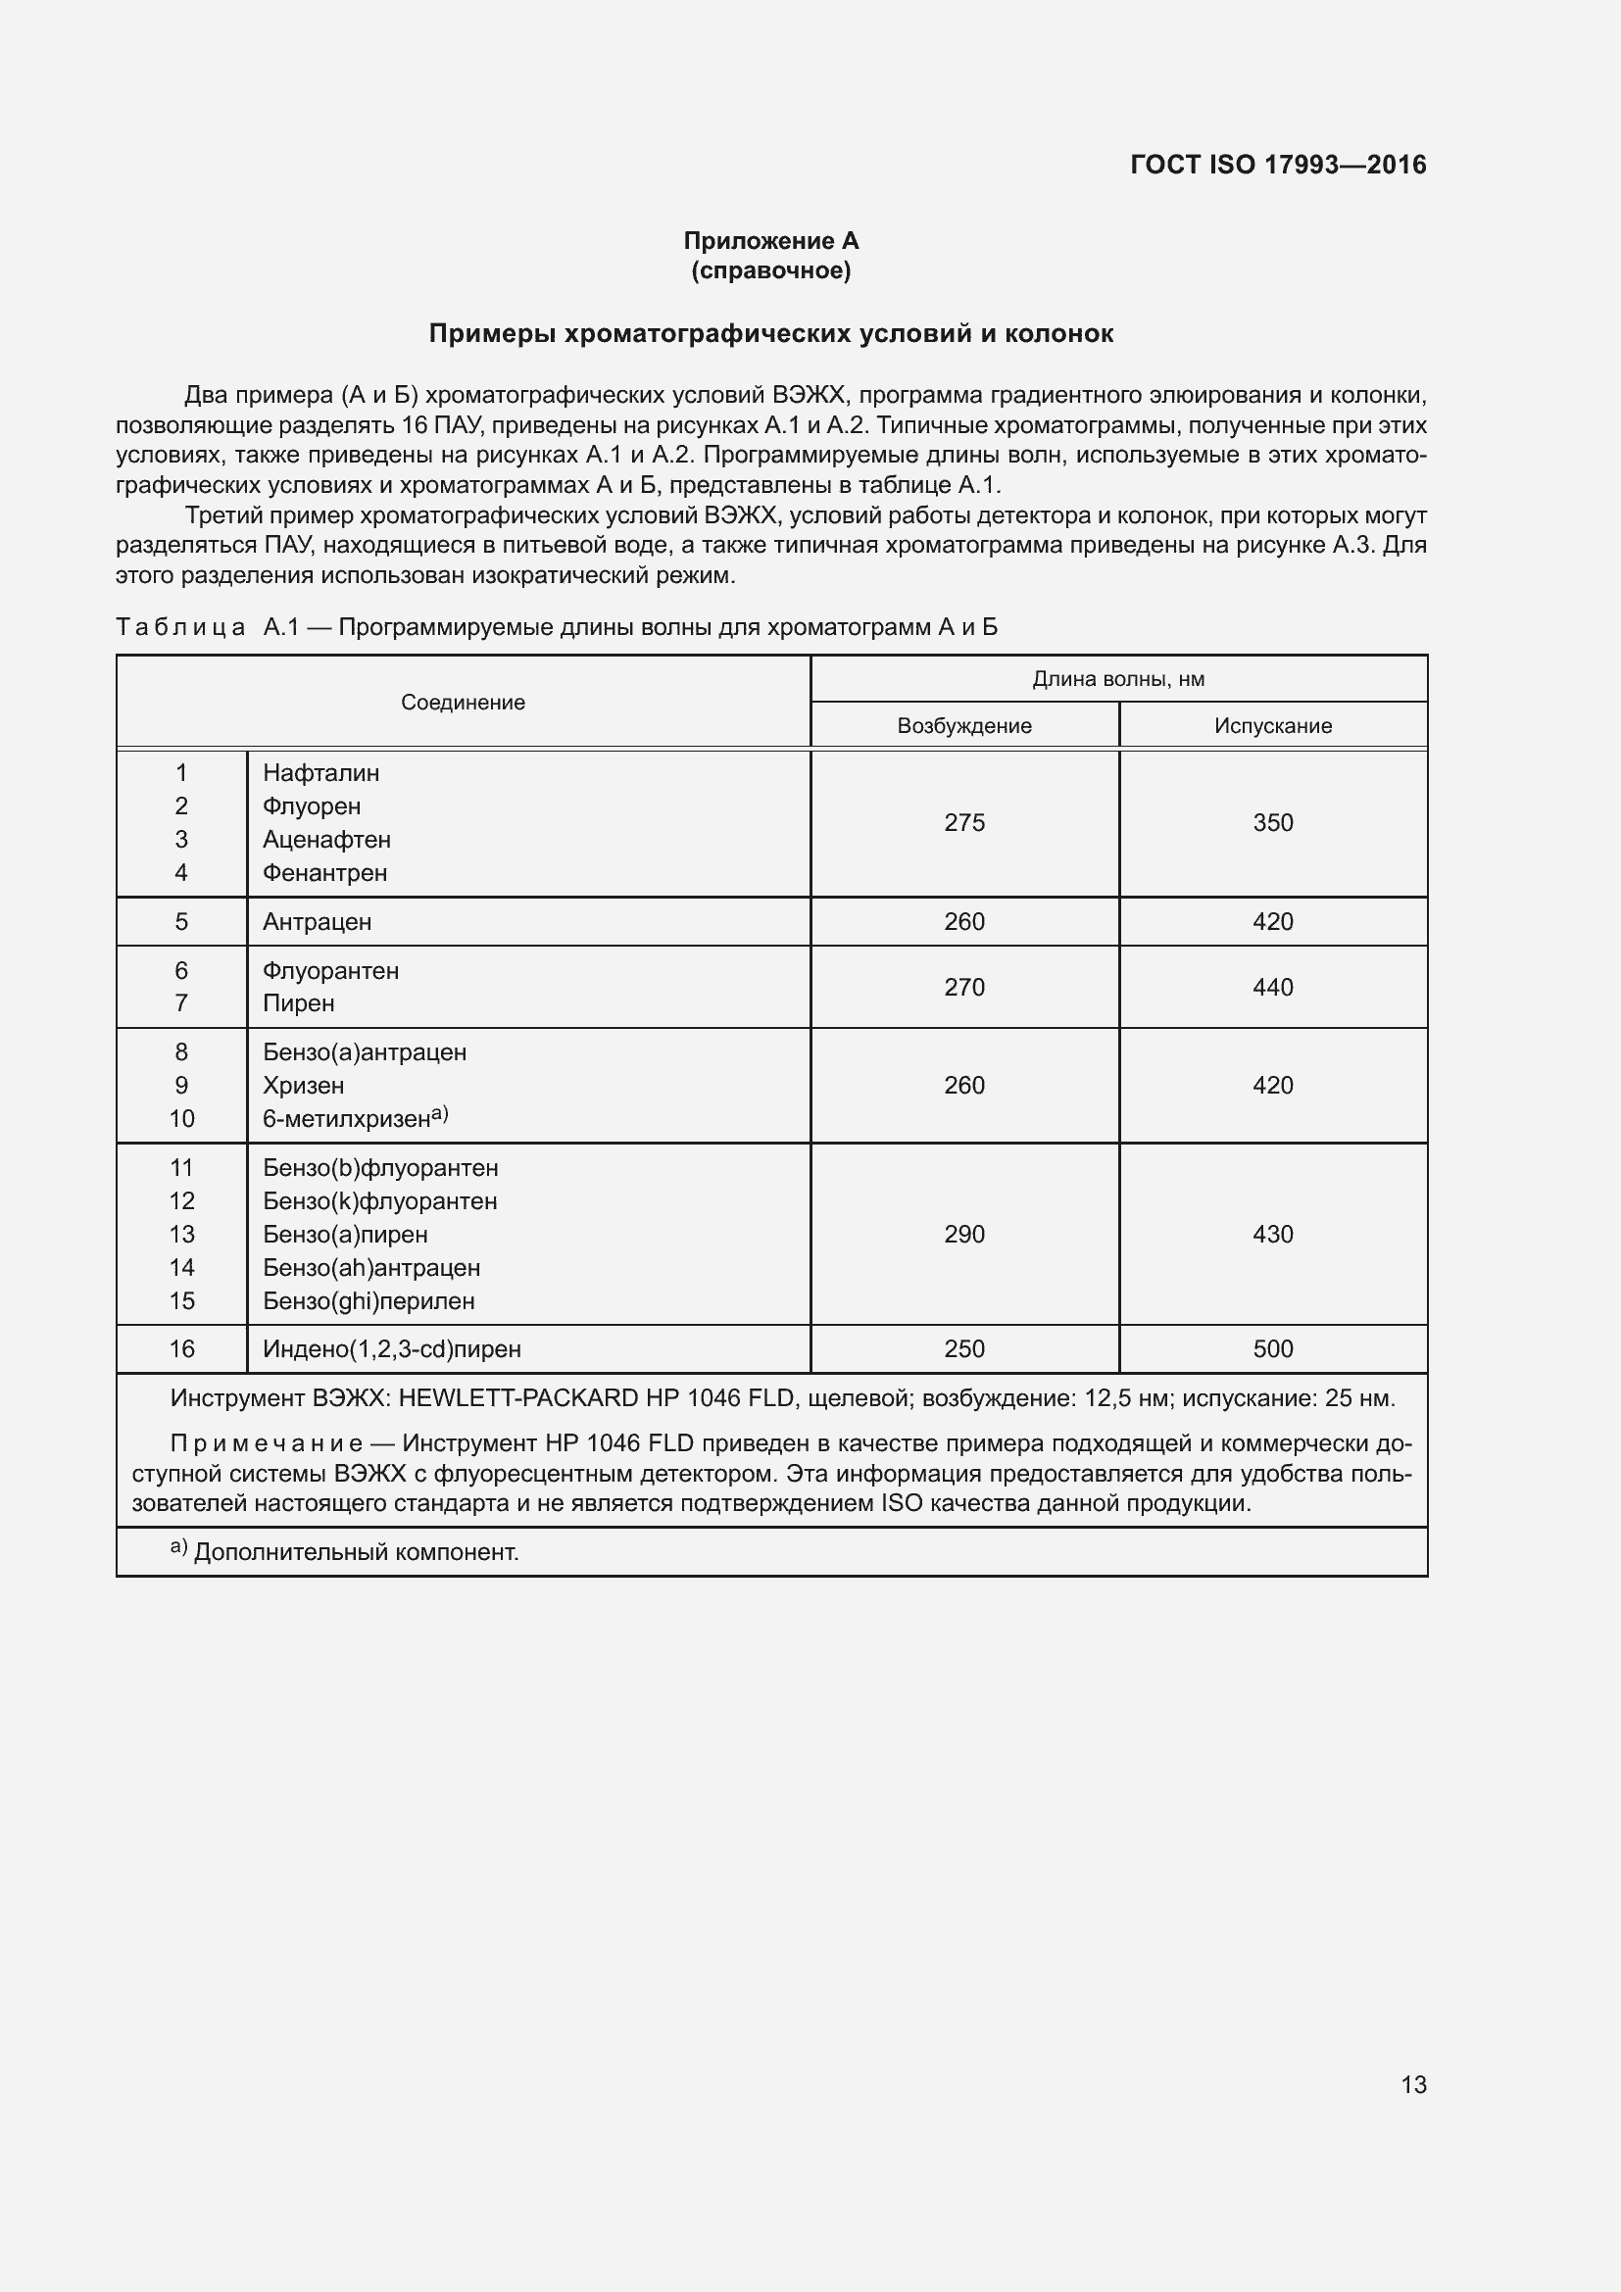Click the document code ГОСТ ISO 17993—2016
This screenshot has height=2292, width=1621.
1278,165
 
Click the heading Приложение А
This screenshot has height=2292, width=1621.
770,241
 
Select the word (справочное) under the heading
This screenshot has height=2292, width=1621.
770,270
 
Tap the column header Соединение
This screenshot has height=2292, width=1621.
463,702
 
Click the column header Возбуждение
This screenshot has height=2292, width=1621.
963,726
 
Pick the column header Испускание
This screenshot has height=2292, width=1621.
1273,726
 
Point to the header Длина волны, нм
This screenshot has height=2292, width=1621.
1118,679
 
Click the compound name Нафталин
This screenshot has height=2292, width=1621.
320,772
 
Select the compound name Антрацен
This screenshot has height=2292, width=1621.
317,921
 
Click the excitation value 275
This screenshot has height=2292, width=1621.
964,822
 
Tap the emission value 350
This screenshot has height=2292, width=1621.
1273,822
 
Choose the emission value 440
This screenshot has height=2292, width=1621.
1273,988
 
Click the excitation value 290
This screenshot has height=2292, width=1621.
964,1234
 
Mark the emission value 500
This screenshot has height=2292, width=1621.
1273,1348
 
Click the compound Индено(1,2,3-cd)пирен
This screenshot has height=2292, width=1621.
391,1349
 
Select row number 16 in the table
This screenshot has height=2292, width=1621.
181,1348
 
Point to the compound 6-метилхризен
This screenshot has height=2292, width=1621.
346,1119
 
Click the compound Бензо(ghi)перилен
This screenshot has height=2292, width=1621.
368,1300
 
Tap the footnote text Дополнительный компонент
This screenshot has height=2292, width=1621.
356,1552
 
